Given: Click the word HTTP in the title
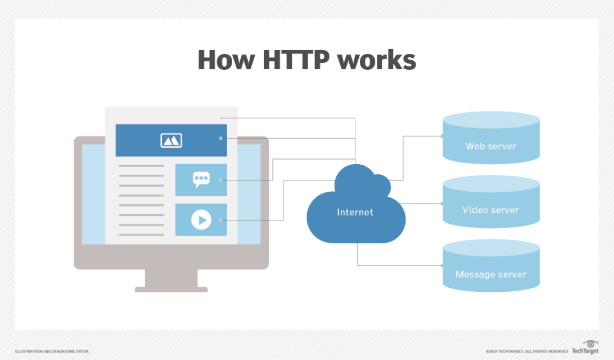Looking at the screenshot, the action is click(x=296, y=60).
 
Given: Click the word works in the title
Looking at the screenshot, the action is click(x=377, y=60).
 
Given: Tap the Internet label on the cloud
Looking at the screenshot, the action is click(x=355, y=212).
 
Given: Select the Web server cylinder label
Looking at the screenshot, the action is click(x=491, y=146).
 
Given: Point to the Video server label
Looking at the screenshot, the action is click(x=491, y=210).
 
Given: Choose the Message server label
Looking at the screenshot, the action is click(x=491, y=274).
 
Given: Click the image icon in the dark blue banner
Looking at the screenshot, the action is click(x=171, y=141).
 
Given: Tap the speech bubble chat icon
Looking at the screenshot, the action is click(x=201, y=180).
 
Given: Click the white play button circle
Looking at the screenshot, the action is click(x=201, y=220).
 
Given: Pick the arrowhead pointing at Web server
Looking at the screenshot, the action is click(x=442, y=136).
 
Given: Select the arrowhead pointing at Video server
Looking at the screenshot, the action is click(x=442, y=203).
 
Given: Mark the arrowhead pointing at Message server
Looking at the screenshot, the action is click(x=442, y=266).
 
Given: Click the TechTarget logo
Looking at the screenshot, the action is click(x=585, y=347).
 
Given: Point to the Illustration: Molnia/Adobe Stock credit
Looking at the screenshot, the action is click(x=52, y=351).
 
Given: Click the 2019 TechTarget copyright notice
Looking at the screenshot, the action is click(x=527, y=351).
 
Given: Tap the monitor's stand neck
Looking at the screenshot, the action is click(x=171, y=278).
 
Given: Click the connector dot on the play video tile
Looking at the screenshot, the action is click(x=221, y=220).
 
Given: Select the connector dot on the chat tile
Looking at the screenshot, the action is click(x=221, y=180).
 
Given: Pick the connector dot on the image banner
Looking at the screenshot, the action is click(x=221, y=139).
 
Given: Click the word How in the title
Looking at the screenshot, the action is click(x=226, y=60).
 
